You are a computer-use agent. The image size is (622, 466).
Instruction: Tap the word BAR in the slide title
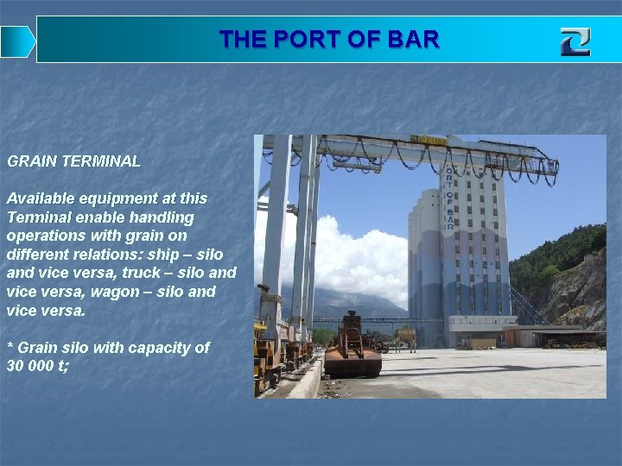coord(415,40)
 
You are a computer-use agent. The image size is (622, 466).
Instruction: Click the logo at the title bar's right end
coord(574,41)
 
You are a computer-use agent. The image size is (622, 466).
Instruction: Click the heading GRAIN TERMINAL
coord(73,161)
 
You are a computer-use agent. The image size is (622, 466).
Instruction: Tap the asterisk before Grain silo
coord(10,347)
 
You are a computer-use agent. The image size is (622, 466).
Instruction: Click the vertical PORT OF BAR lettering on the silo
coord(448,198)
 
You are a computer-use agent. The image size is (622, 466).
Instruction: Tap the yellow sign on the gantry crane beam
coord(428,140)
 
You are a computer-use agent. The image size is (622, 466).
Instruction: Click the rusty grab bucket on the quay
coord(352,349)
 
